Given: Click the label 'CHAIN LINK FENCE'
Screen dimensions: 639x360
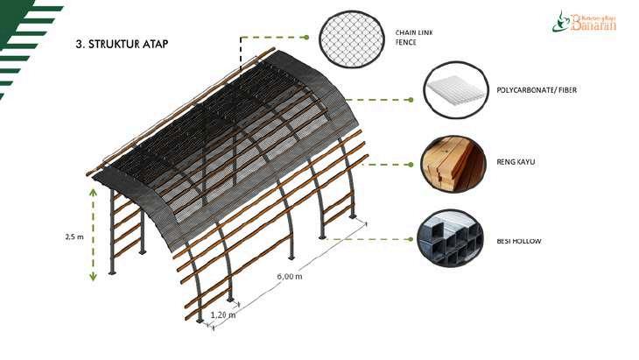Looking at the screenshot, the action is click(x=414, y=37).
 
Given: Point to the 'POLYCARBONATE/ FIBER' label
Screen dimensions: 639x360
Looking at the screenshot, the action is click(x=537, y=90).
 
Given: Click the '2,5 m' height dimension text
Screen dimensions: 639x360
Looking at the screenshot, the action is click(x=74, y=236).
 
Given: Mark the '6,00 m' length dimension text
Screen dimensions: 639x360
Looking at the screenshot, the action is click(x=289, y=277).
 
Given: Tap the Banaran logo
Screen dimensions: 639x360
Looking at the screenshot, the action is click(x=584, y=21).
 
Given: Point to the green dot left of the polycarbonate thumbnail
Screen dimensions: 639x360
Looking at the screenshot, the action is click(x=411, y=100).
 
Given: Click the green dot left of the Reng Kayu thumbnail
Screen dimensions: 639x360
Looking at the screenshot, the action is click(x=411, y=164).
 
